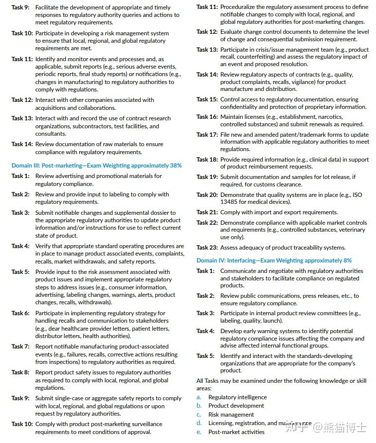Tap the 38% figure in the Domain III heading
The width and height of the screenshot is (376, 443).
click(176, 166)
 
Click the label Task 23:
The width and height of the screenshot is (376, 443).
click(207, 248)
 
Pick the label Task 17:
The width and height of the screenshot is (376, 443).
click(207, 135)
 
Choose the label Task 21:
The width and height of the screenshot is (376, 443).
click(207, 212)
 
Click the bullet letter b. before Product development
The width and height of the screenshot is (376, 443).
click(199, 406)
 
